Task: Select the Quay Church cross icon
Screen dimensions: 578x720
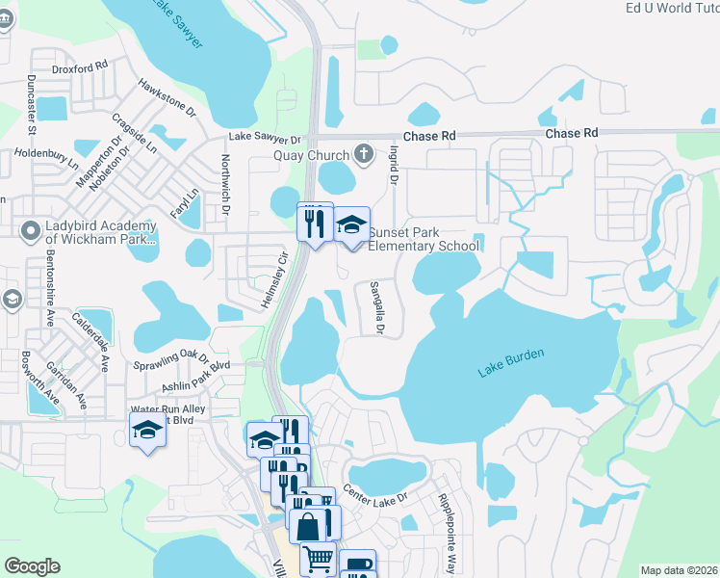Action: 364,152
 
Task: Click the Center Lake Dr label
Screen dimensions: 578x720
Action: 376,497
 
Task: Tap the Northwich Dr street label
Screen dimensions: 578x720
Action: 226,183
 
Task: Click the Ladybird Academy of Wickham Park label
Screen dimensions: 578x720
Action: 88,232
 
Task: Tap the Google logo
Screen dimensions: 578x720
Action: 32,566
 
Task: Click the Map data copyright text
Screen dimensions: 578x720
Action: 679,570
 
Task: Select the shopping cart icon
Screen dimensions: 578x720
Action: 317,557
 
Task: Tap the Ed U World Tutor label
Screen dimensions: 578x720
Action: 672,8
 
